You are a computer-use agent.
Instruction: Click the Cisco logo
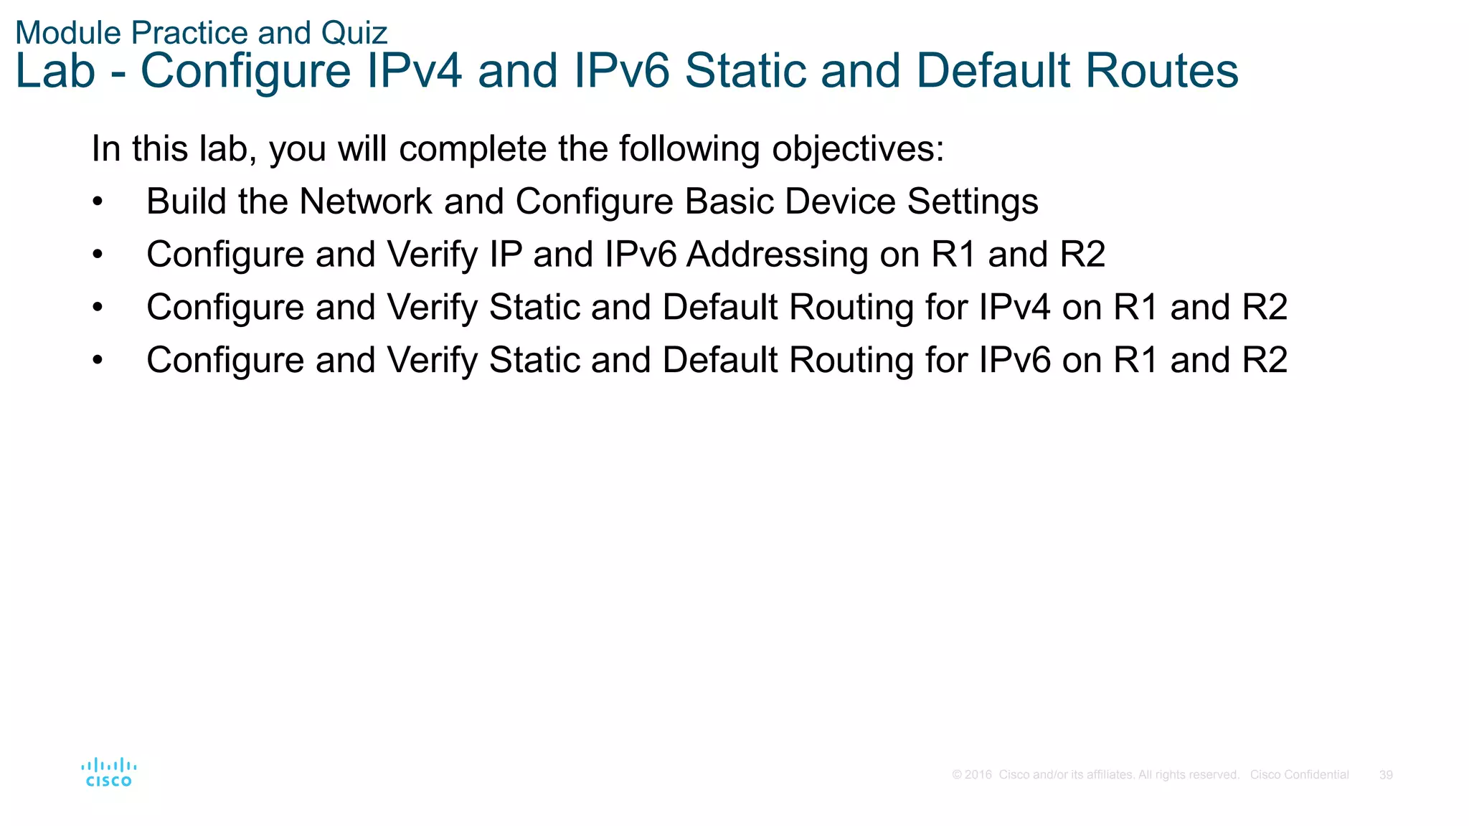pos(108,772)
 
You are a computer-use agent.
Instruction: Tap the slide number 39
pos(1386,775)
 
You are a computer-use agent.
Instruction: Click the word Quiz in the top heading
pos(354,33)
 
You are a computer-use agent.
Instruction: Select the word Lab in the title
pos(55,71)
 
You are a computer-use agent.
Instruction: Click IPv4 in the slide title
pos(414,71)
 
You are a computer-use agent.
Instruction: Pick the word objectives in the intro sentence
pos(858,149)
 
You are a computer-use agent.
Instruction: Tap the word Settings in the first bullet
pos(973,201)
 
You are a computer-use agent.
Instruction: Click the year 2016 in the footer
pos(978,775)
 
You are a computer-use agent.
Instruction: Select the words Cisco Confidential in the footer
pos(1299,775)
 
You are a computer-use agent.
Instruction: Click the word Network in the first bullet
pos(365,201)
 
